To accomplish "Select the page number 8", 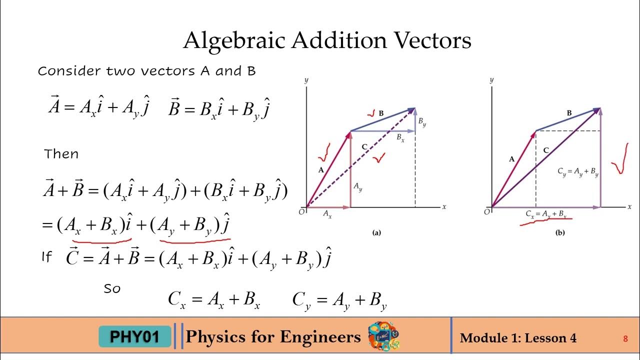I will (x=625, y=339).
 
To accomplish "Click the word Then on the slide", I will (x=61, y=154).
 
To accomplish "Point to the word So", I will (x=112, y=288).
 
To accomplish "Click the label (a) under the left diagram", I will (x=376, y=232).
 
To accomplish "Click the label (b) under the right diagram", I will (x=560, y=232).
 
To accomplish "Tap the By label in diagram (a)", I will (x=422, y=121).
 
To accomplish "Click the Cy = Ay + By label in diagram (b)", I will (x=578, y=171).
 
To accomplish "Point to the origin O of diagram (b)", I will (x=487, y=212).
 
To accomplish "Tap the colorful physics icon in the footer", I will (x=383, y=336).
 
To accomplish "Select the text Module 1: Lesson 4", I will (x=518, y=338).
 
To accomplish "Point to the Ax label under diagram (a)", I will (x=327, y=213).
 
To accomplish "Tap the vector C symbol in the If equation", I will (x=72, y=257).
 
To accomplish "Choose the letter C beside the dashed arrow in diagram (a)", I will (x=364, y=146).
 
